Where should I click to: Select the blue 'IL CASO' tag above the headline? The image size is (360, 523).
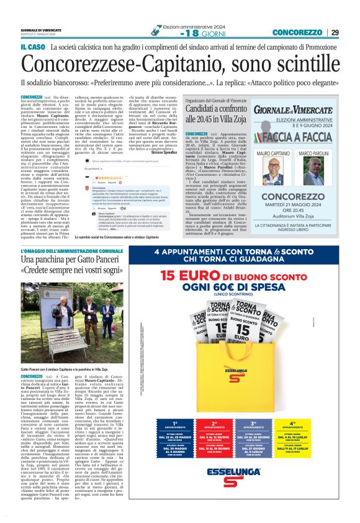34,47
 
